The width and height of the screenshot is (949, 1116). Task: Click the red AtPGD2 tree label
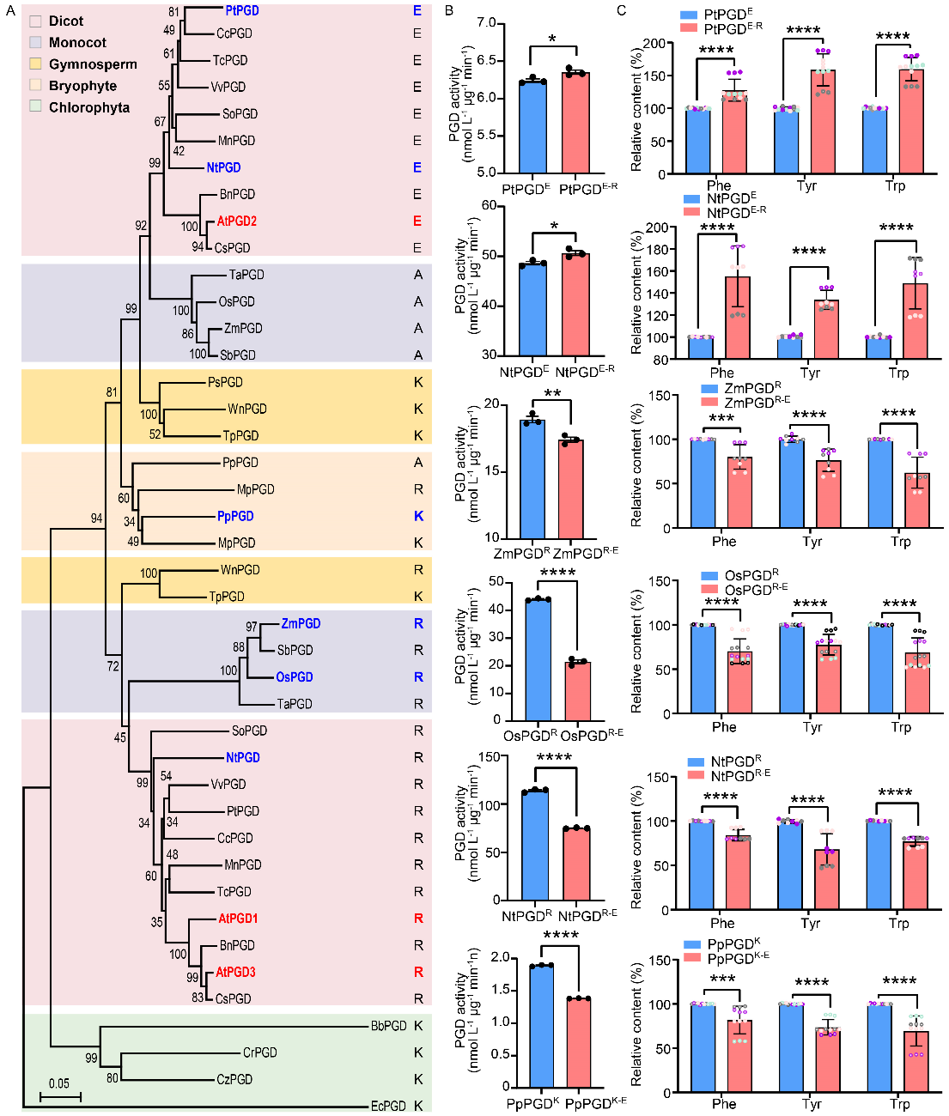tap(236, 221)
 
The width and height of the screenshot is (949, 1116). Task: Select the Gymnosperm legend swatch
tap(35, 64)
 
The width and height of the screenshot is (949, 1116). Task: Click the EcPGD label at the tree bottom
tap(388, 1106)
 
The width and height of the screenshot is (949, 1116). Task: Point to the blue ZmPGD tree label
tap(301, 624)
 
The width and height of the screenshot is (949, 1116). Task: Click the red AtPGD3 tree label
tap(235, 973)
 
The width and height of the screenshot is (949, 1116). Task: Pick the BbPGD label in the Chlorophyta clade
tap(388, 1026)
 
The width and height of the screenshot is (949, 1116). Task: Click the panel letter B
tap(449, 10)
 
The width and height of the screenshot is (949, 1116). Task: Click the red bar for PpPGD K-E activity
tap(578, 1042)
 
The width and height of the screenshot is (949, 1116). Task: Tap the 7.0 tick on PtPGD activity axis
tap(486, 24)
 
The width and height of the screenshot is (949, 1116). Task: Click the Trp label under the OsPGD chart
tap(900, 727)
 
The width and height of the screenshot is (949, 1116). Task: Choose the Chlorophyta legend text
tap(89, 107)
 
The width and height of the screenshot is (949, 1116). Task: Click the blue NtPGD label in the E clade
tap(223, 168)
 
